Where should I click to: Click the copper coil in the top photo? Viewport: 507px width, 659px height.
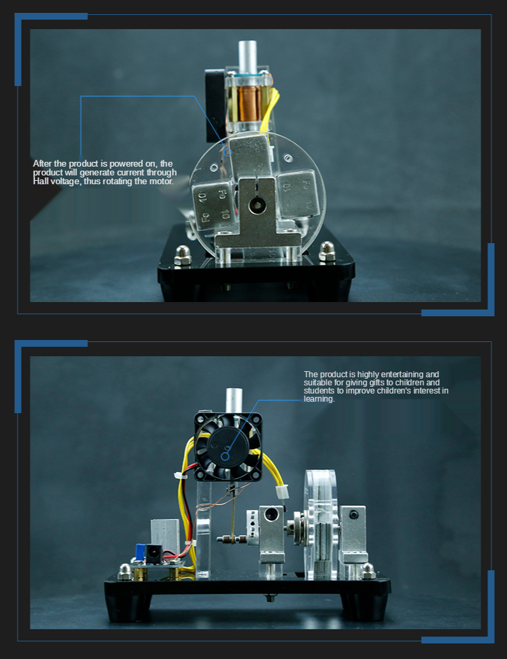click(248, 104)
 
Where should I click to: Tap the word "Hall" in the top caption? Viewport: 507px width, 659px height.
click(41, 181)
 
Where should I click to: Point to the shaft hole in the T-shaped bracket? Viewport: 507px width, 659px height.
click(255, 205)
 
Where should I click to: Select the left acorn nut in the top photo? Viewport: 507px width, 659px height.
click(183, 255)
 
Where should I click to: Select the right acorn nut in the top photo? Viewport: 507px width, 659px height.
click(327, 251)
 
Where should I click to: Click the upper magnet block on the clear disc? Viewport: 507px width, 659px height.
click(250, 156)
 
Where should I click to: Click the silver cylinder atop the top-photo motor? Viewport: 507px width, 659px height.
click(248, 57)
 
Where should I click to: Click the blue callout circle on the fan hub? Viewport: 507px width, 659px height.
click(225, 456)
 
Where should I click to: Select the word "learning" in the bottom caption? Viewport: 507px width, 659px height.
click(319, 399)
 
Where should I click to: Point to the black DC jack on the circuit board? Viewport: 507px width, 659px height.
click(152, 553)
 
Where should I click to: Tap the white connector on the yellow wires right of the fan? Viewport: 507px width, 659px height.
click(282, 492)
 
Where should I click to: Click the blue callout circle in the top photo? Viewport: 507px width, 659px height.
click(227, 152)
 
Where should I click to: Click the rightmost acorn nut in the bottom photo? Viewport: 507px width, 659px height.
click(368, 571)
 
